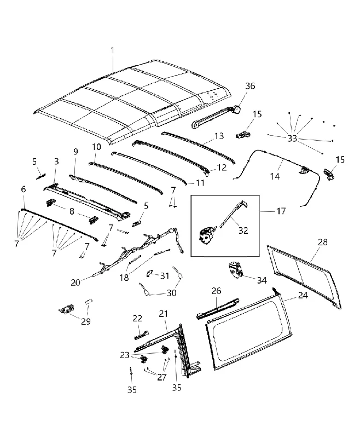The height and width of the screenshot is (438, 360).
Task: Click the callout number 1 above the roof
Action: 112,50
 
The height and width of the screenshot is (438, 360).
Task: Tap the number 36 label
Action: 250,86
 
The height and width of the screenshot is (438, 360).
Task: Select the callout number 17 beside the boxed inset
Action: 281,211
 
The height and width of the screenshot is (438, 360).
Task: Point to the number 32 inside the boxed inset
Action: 243,230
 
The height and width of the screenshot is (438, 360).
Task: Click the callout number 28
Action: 322,242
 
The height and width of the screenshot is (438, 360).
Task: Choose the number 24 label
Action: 303,295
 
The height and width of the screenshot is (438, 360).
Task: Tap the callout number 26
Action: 216,291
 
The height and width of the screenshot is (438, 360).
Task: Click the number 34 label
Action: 262,280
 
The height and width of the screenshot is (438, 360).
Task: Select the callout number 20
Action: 76,283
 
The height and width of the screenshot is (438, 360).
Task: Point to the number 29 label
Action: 86,321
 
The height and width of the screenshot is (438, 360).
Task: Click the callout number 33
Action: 292,139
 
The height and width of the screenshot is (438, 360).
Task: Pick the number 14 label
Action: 275,176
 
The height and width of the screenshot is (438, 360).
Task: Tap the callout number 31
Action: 165,276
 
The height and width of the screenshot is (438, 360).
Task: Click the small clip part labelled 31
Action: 150,273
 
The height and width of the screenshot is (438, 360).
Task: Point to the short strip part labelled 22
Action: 142,335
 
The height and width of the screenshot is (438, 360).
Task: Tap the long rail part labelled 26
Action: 218,309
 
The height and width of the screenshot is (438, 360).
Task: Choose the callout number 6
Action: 24,189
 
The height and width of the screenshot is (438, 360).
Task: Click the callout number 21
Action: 163,314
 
